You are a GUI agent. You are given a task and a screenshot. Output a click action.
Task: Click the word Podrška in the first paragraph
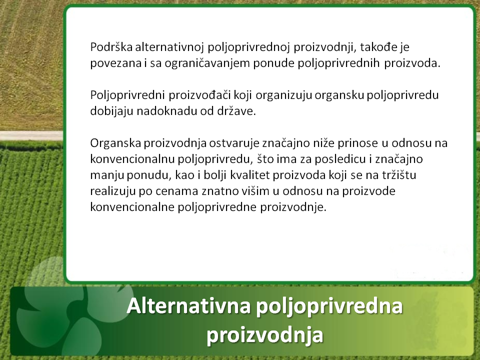[111, 47]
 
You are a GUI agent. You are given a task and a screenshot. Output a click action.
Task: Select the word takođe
[378, 47]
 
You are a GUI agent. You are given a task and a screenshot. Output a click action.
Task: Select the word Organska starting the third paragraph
[115, 143]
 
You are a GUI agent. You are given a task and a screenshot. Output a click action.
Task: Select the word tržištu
[399, 175]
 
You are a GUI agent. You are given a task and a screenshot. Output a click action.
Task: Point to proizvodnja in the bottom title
[265, 334]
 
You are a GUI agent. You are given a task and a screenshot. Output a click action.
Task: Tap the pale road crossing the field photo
[31, 135]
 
